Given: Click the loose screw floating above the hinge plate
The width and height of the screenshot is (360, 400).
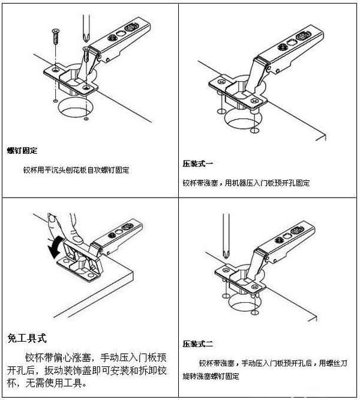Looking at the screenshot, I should tap(55, 38).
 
